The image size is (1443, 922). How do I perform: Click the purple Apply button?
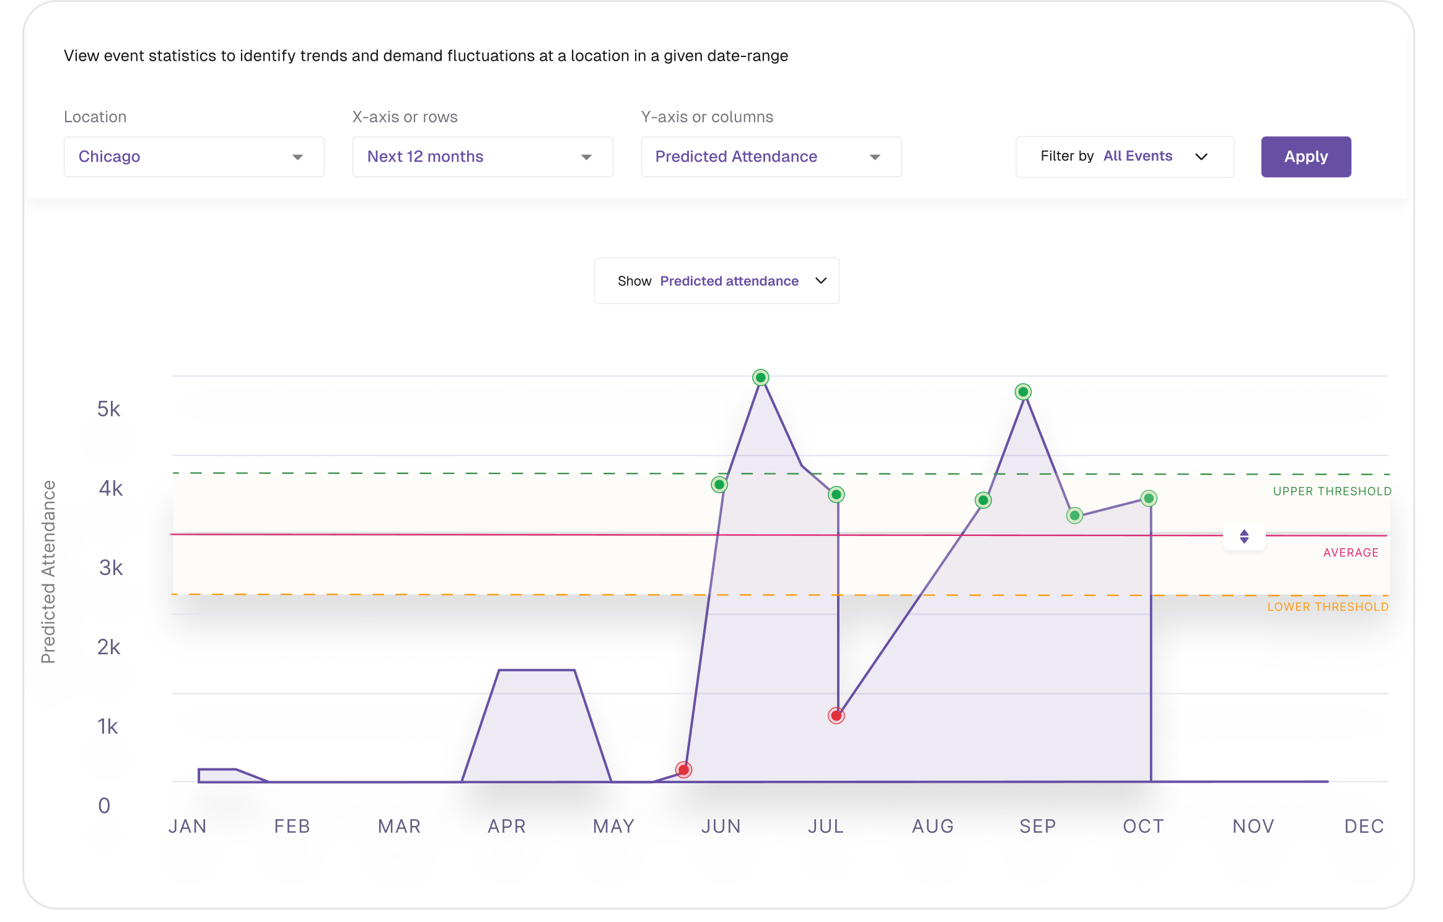coord(1305,157)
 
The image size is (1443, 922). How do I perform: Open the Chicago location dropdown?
coord(193,157)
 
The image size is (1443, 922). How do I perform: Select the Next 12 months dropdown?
coord(482,157)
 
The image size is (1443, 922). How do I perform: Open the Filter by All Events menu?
coord(1124,157)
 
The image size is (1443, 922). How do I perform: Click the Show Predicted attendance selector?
coord(716,281)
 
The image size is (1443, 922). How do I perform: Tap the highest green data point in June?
coord(760,377)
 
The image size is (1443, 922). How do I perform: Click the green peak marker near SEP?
coord(1023,392)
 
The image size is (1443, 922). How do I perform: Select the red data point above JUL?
coord(836,716)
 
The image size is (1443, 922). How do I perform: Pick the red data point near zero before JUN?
coord(683,770)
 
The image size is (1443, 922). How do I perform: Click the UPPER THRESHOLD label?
coord(1331,491)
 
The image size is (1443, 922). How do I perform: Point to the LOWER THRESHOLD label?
coord(1327,607)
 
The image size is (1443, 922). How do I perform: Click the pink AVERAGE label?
coord(1350,553)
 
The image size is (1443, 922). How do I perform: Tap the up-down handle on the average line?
coord(1243,537)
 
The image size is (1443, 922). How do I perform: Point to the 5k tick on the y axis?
coord(108,409)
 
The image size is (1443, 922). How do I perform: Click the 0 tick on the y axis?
coord(104,806)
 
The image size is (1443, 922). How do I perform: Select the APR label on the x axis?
coord(506,826)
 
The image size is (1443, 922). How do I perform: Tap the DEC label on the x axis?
coord(1363,826)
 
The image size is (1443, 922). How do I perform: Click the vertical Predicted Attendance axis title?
coord(48,571)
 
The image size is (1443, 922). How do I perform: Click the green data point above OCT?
coord(1148,498)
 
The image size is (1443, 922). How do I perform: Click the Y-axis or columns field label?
coord(706,117)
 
